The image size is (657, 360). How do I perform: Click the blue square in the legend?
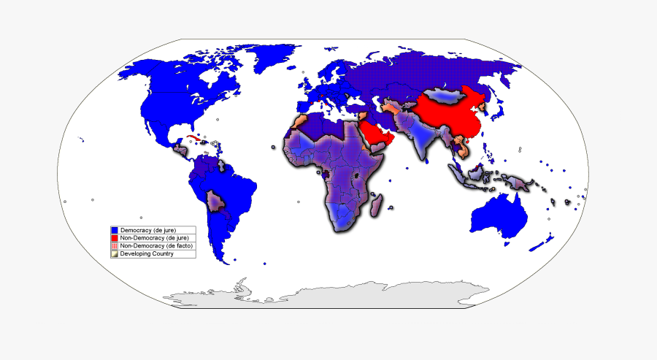point(115,230)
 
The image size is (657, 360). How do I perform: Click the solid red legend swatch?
point(115,238)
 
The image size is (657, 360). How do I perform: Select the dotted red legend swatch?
point(115,246)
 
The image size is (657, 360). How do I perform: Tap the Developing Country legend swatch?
point(115,254)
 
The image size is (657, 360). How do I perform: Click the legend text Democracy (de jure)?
point(148,230)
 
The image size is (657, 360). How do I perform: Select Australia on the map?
point(500,219)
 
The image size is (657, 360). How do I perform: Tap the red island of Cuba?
point(196,139)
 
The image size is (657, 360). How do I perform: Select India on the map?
point(422,142)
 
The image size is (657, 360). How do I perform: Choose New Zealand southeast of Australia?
point(545,241)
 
